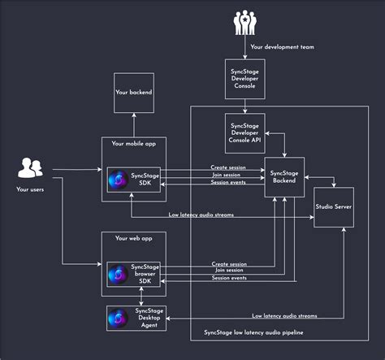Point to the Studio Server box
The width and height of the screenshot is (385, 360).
pyautogui.click(x=334, y=206)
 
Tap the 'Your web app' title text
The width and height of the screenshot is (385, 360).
pyautogui.click(x=133, y=238)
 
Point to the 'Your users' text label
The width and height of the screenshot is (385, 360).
pyautogui.click(x=31, y=189)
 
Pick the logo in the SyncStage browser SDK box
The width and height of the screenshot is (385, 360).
pyautogui.click(x=119, y=274)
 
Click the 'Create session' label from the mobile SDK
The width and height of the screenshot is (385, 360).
pyautogui.click(x=229, y=167)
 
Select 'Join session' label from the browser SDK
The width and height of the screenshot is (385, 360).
pyautogui.click(x=229, y=271)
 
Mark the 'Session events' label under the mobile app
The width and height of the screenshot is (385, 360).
pyautogui.click(x=229, y=182)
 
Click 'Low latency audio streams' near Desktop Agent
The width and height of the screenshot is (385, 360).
pyautogui.click(x=284, y=314)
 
